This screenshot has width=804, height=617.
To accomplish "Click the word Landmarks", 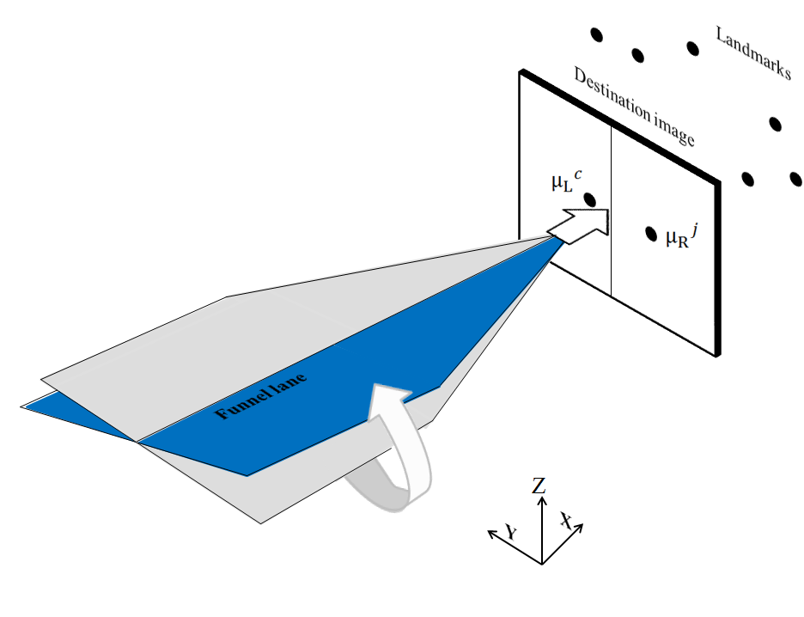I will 752,52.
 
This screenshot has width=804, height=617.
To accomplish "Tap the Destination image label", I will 633,107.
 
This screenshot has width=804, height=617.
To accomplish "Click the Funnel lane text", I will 261,397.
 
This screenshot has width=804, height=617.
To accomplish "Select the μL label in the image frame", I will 561,183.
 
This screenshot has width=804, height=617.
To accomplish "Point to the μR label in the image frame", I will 677,238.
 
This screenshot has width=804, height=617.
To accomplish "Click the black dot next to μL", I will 590,199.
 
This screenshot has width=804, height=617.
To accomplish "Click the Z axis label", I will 539,486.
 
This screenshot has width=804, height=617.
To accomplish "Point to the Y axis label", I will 511,533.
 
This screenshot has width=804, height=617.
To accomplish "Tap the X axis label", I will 566,520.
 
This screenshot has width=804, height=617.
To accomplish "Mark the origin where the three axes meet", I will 541,563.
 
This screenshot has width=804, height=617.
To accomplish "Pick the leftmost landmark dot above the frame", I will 596,35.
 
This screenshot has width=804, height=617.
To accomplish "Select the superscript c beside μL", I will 578,174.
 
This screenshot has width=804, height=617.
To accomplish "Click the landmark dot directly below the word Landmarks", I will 776,124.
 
